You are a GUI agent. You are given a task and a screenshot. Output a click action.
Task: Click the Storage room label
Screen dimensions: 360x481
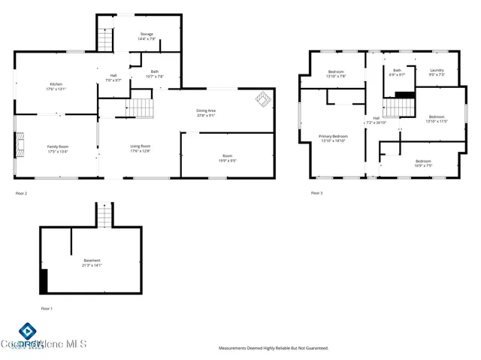point(147,36)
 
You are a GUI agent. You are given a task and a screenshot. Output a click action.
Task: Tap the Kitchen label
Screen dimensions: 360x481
point(56,86)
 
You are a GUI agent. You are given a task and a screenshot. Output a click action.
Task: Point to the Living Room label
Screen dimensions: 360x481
point(141,148)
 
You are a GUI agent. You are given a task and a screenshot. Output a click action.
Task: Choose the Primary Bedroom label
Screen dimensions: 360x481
point(333,138)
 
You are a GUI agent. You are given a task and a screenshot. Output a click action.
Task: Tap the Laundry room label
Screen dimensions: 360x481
point(437,73)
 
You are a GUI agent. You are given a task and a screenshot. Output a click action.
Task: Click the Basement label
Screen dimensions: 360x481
point(92,263)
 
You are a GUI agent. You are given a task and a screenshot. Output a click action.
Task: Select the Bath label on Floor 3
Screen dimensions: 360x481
point(397,73)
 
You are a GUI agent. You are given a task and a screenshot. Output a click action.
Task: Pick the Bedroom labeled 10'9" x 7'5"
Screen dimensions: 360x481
point(423,163)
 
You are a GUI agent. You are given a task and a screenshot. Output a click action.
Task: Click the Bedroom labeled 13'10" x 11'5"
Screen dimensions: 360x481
point(436,119)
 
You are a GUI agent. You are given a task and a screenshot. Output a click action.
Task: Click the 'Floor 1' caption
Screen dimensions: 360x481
point(47,308)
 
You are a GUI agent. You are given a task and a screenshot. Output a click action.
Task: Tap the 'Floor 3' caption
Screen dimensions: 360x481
point(316,193)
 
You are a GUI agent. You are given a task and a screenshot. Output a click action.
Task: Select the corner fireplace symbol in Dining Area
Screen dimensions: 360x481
point(262,98)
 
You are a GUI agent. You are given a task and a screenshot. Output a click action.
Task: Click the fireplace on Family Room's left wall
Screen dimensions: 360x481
point(20,144)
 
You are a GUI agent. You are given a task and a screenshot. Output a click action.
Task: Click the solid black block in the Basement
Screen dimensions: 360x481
point(44,282)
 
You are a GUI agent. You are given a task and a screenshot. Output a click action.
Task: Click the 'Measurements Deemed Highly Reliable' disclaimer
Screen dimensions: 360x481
point(274,348)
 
